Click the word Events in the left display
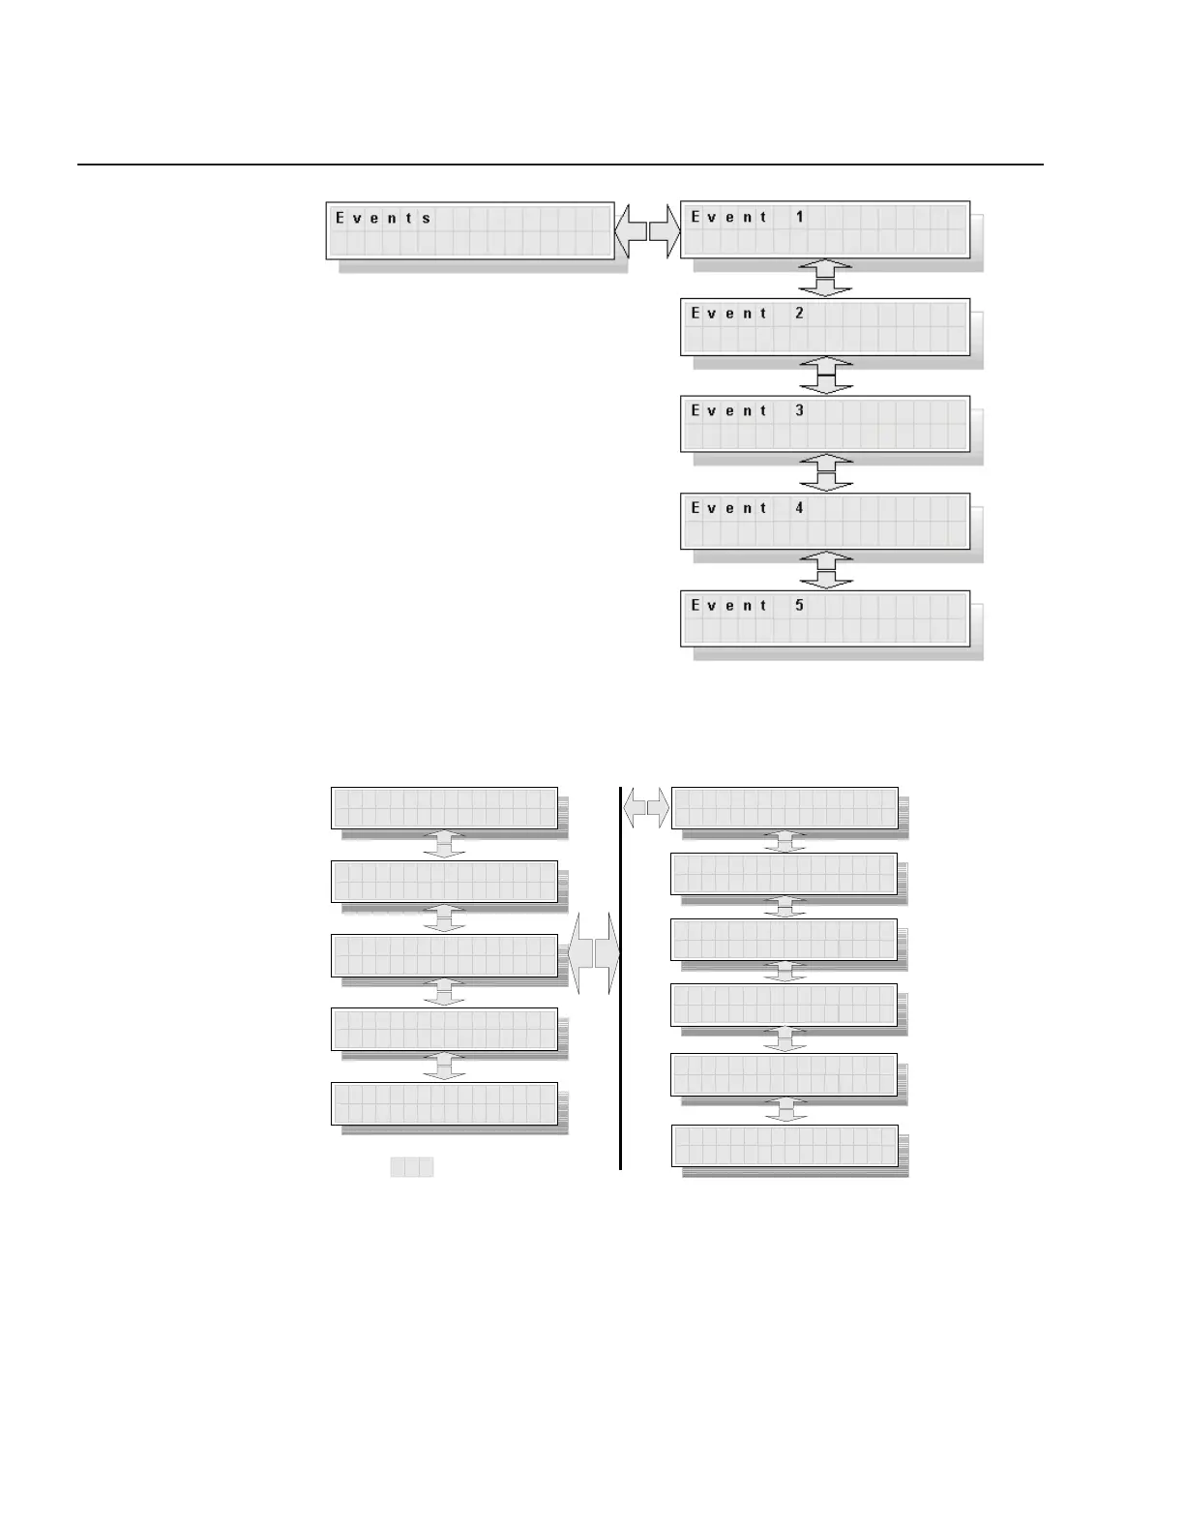(384, 218)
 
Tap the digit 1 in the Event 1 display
(800, 217)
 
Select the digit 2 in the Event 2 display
(800, 314)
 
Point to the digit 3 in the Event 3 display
(800, 410)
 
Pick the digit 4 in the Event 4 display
(800, 507)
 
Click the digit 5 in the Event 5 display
(800, 605)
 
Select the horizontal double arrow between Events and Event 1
(647, 231)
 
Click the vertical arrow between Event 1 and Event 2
(826, 278)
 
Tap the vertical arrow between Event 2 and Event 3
(826, 376)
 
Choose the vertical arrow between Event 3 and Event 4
(826, 472)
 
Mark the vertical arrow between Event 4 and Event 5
(826, 570)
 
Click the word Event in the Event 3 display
(729, 410)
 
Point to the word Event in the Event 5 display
(729, 605)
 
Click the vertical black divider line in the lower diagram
(620, 1065)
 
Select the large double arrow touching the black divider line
(593, 953)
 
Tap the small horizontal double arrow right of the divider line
(646, 808)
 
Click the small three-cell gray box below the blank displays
(412, 1167)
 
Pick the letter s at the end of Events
(427, 218)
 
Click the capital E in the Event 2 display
(695, 314)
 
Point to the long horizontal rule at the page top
(561, 165)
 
